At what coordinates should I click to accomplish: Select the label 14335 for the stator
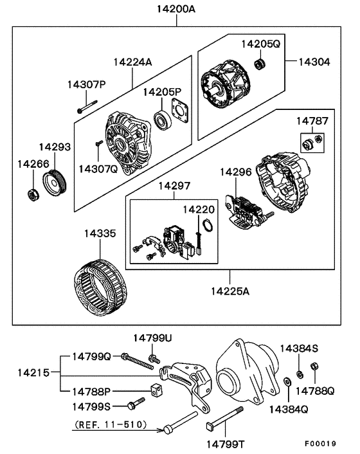[x=100, y=235]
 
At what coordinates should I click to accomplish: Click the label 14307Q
[x=98, y=168]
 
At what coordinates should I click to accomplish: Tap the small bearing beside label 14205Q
[x=260, y=64]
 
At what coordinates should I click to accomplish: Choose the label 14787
[x=311, y=121]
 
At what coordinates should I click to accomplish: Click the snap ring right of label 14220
[x=208, y=226]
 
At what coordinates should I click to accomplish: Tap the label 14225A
[x=229, y=290]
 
